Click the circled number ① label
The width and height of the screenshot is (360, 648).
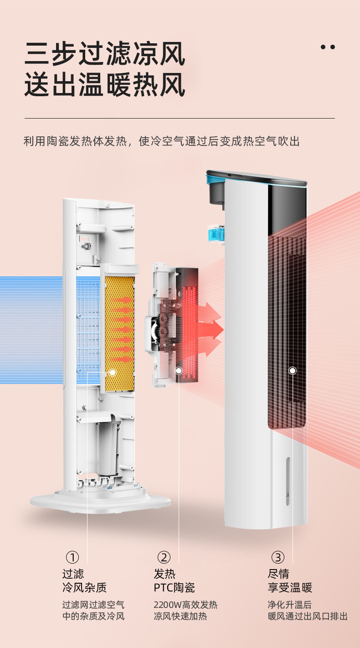pyautogui.click(x=72, y=557)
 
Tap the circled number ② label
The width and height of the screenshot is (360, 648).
pyautogui.click(x=164, y=557)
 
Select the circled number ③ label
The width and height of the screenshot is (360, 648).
pyautogui.click(x=278, y=557)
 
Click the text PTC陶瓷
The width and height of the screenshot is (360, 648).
pyautogui.click(x=174, y=587)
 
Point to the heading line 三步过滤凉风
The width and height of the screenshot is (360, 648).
pyautogui.click(x=105, y=54)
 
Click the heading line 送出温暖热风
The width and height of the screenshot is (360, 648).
pyautogui.click(x=105, y=85)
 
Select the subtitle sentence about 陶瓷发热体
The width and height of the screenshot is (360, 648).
pyautogui.click(x=161, y=141)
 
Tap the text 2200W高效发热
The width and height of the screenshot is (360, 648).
pyautogui.click(x=185, y=605)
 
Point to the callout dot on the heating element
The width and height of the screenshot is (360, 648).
pyautogui.click(x=179, y=371)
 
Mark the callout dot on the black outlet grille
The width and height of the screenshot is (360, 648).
pyautogui.click(x=293, y=371)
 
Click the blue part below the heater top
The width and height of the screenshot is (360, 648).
pyautogui.click(x=217, y=233)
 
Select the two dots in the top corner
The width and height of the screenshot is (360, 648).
pyautogui.click(x=328, y=47)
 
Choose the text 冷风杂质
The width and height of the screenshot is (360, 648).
pyautogui.click(x=85, y=587)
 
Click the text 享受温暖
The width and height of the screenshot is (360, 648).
pyautogui.click(x=290, y=587)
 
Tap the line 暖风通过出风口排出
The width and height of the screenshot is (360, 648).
pyautogui.click(x=308, y=617)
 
